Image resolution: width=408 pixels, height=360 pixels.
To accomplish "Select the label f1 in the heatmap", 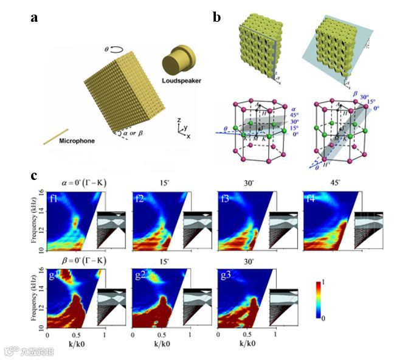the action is click(55, 197).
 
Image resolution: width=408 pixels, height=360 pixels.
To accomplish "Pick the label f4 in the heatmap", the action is click(310, 197).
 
